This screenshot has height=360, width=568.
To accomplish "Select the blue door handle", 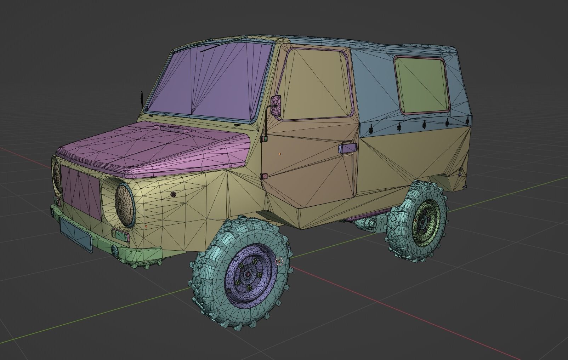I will (348, 148).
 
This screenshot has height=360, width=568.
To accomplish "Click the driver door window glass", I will (315, 85).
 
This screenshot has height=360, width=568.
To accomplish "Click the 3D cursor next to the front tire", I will (280, 262).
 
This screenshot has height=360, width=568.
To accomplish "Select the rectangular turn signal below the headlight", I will (120, 235).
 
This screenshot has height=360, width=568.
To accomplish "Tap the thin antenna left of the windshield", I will (142, 100).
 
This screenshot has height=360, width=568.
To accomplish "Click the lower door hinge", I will (264, 176).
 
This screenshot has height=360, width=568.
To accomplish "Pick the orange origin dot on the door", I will (279, 154).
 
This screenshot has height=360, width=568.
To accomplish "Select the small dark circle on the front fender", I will (173, 194).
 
